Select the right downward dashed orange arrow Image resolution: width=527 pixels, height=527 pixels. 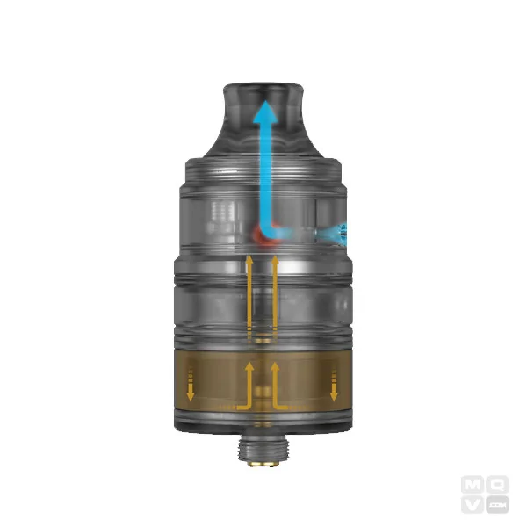[335, 384]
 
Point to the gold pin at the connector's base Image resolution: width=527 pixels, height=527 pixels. [263, 462]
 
